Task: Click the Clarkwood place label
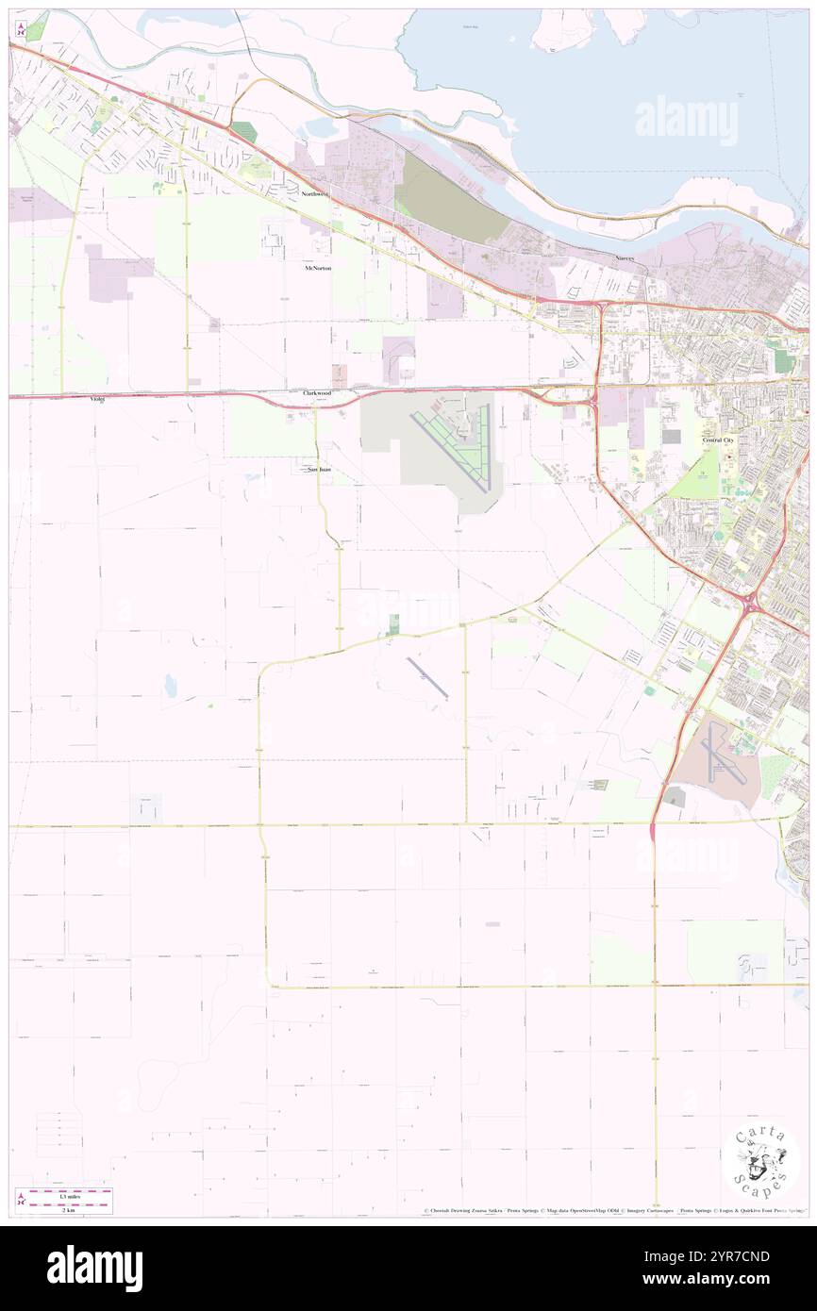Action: (317, 392)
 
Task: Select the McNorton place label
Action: (318, 268)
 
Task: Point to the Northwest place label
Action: (315, 194)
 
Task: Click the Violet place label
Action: (97, 399)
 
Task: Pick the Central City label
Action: (717, 440)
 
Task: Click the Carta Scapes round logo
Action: (760, 1162)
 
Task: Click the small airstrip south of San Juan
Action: (427, 678)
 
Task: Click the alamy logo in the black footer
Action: (94, 1268)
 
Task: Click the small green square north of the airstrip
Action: (394, 622)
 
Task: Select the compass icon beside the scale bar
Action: (21, 1199)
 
